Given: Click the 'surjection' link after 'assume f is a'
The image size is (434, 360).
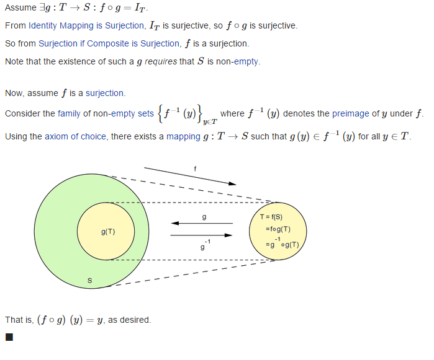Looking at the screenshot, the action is (x=105, y=94).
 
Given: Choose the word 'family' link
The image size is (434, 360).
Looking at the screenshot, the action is (x=69, y=114).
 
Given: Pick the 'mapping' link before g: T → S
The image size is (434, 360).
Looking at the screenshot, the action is (x=183, y=136).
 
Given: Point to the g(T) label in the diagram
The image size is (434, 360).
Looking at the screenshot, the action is (x=108, y=232).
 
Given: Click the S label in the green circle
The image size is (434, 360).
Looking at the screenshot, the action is (x=89, y=281).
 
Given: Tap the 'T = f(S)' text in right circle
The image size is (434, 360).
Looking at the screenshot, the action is (x=271, y=217).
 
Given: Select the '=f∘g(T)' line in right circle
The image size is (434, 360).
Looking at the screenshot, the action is (x=278, y=229).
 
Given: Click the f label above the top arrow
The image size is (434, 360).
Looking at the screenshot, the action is (x=195, y=168).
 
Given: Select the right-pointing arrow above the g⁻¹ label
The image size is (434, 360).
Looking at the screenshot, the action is (x=202, y=235).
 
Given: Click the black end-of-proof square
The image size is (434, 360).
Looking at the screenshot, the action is (x=9, y=338).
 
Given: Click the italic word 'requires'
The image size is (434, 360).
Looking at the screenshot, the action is (x=161, y=62).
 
